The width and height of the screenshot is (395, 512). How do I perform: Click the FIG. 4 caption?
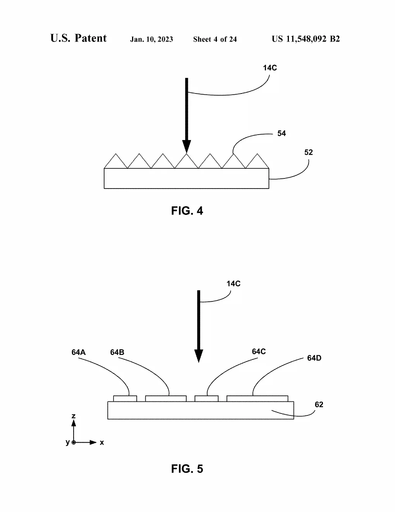[x=187, y=211]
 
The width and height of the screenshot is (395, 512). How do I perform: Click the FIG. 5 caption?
[x=187, y=469]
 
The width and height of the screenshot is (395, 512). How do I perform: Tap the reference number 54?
[x=282, y=133]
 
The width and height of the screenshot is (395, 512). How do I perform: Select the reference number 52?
[x=308, y=152]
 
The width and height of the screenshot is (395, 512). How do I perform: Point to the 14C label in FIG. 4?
[x=270, y=68]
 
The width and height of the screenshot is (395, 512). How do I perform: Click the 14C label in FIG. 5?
[x=234, y=284]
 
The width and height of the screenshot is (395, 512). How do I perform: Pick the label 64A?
[x=79, y=352]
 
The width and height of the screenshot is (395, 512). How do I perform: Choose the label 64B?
[x=117, y=352]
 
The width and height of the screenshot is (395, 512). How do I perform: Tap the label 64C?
[x=259, y=351]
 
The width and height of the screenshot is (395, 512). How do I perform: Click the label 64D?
[x=314, y=358]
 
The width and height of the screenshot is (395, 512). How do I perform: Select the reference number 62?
[x=319, y=405]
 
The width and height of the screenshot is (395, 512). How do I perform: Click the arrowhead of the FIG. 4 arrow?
[x=187, y=146]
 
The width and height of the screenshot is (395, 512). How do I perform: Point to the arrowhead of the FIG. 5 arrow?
[x=199, y=356]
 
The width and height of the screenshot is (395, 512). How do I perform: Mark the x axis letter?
[x=101, y=443]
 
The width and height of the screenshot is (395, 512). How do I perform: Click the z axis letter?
[x=74, y=416]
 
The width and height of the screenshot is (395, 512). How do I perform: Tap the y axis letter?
[x=68, y=442]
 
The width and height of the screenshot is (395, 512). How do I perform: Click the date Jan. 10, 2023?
[x=151, y=39]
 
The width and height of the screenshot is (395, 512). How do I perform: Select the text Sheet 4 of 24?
[x=215, y=39]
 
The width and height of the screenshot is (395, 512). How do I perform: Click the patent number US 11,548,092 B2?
[x=306, y=39]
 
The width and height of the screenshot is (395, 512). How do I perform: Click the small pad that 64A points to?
[x=125, y=398]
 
